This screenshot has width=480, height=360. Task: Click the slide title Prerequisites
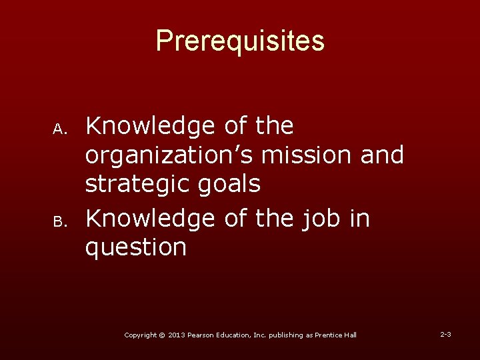[240, 41]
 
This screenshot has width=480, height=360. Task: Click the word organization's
[169, 155]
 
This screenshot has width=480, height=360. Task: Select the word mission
[304, 155]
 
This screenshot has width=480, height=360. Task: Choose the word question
[135, 247]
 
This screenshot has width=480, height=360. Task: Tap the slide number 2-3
[445, 333]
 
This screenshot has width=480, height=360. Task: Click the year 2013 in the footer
[177, 335]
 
